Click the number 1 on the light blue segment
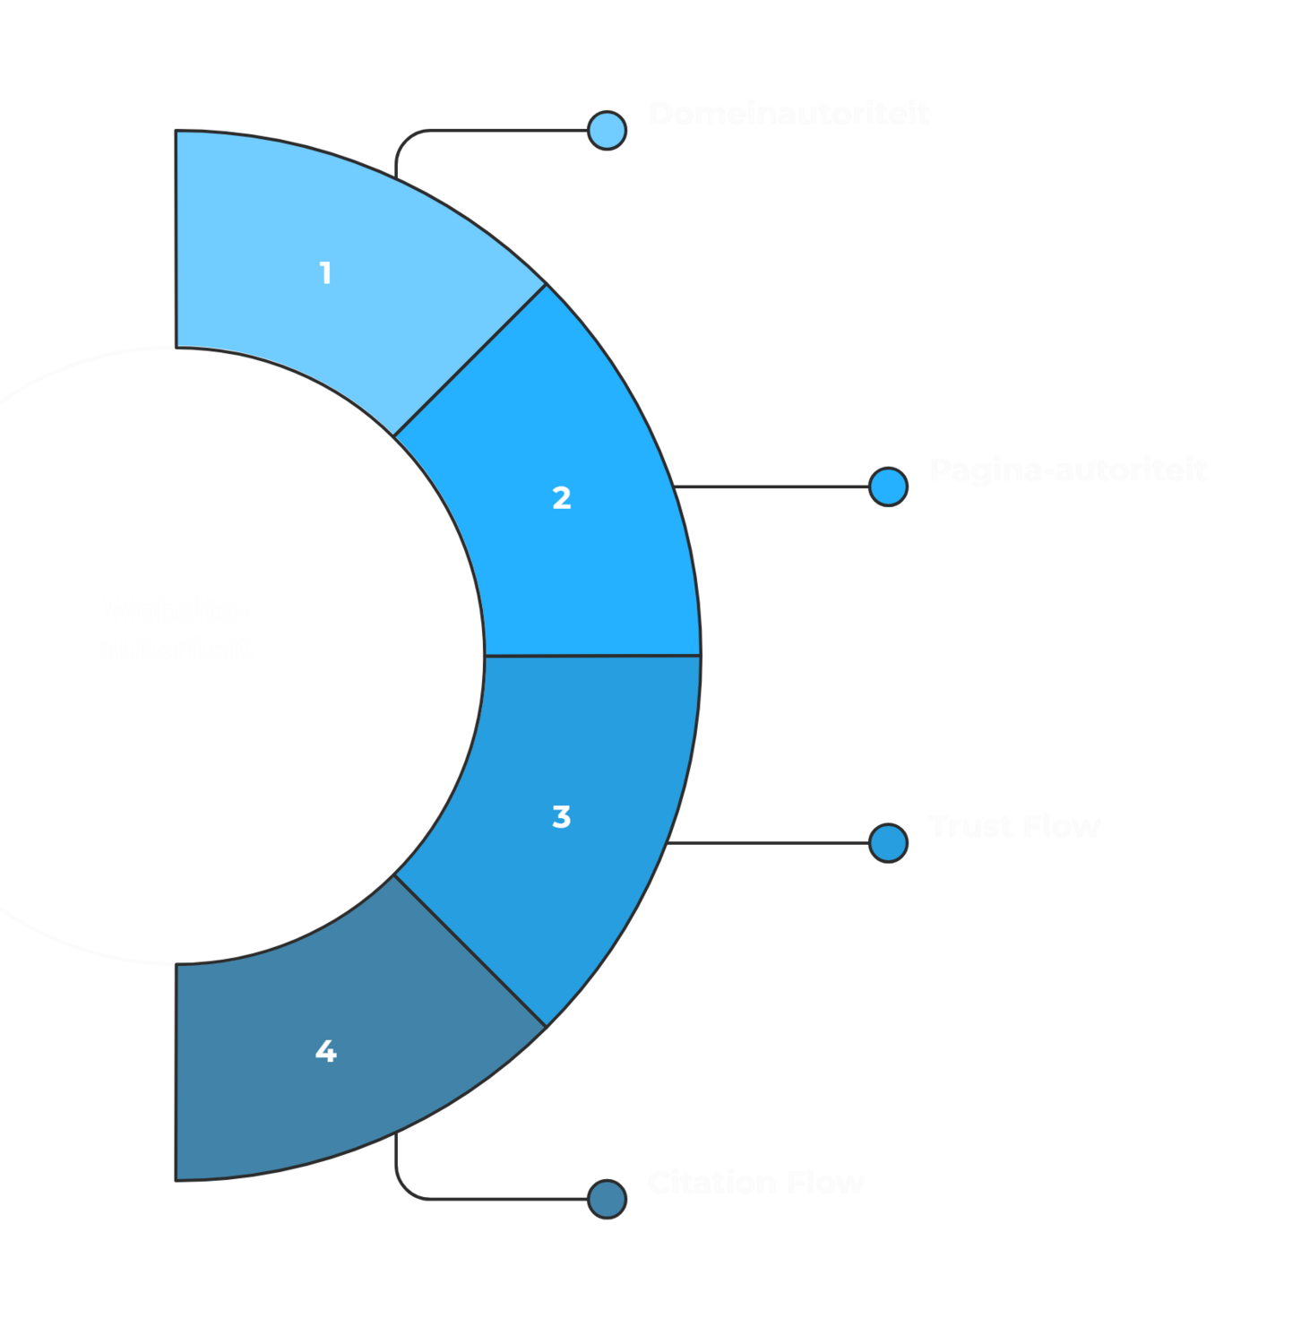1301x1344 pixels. point(325,272)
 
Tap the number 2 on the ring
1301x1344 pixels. point(562,498)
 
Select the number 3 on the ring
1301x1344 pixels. point(562,817)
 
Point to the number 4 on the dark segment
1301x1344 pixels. point(325,1051)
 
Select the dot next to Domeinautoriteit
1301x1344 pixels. point(607,131)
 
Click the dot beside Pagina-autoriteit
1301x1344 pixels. point(888,487)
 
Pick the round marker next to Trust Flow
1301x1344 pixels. point(888,843)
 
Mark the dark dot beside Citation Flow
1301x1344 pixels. point(607,1199)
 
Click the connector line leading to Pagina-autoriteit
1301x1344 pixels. point(771,487)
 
